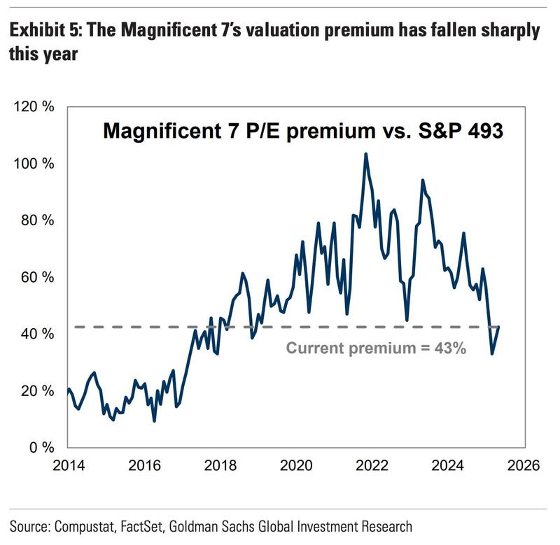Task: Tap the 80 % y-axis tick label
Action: (33, 220)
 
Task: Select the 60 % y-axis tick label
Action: (33, 277)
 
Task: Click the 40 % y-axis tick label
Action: (33, 334)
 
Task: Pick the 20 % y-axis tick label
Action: (33, 390)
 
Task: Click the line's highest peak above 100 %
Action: (365, 154)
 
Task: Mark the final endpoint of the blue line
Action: (498, 327)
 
